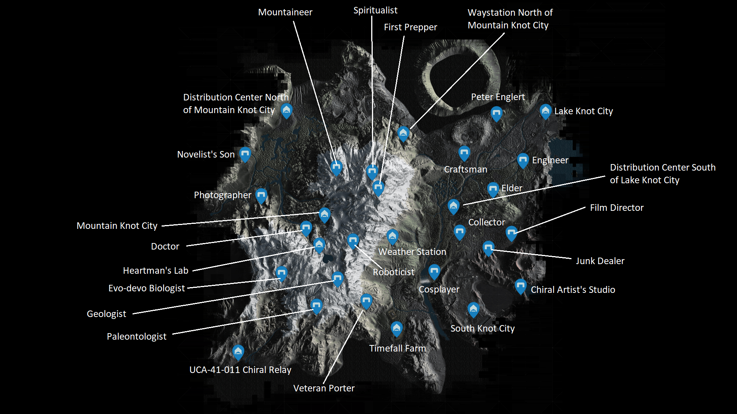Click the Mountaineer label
click(285, 12)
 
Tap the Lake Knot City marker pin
click(545, 112)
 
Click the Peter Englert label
click(498, 97)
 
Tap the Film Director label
click(617, 208)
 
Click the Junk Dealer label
click(600, 261)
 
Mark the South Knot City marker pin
click(473, 310)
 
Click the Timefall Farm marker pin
click(397, 329)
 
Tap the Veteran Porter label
click(324, 388)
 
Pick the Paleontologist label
click(137, 337)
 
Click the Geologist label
click(106, 314)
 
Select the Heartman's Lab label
click(155, 271)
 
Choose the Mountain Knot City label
click(117, 226)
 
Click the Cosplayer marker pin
click(434, 272)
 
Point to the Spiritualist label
click(375, 11)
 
